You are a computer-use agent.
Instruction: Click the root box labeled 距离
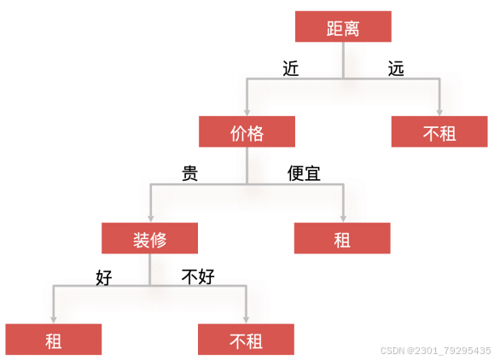343,26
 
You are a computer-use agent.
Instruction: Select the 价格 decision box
247,131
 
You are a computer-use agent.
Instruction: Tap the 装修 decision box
149,238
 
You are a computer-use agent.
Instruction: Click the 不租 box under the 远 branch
439,131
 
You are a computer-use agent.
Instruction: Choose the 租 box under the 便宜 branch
342,238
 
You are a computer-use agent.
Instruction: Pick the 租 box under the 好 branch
54,340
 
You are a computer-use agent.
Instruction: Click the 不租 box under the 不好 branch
246,340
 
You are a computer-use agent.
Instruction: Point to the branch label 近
290,68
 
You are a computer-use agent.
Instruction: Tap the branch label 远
396,68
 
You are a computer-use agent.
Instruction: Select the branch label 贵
190,173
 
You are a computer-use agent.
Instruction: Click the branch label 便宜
304,173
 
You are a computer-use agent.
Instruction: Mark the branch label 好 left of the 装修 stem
104,277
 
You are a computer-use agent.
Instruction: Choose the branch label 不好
198,276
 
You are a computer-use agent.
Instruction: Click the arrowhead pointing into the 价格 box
247,113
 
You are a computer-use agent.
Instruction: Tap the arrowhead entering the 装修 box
151,219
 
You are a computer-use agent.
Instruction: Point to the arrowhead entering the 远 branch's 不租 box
439,113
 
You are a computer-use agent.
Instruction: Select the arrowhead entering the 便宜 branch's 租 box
343,219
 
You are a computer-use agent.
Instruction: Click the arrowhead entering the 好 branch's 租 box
54,320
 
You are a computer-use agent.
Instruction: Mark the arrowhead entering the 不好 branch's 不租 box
246,320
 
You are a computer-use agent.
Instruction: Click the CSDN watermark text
435,351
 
